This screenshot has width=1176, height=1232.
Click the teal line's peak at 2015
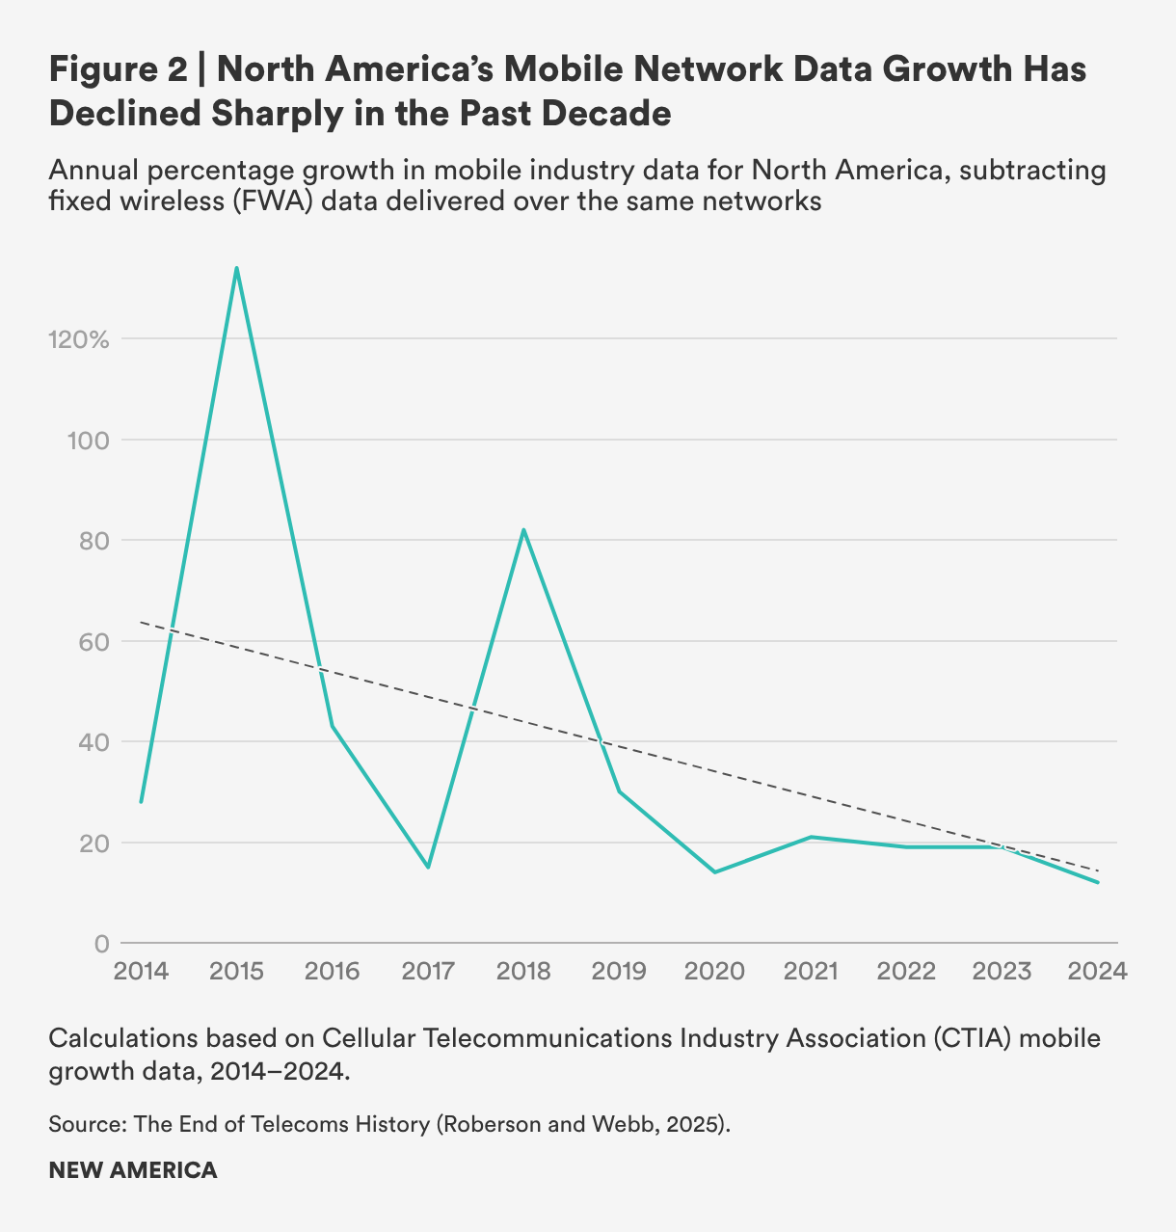coord(236,268)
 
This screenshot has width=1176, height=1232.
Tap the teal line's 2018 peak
coord(523,529)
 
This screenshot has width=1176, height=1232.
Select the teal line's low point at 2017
coord(428,867)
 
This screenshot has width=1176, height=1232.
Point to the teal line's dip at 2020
coord(714,871)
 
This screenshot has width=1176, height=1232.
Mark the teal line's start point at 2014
coord(142,801)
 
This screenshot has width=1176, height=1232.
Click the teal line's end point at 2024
coord(1097,882)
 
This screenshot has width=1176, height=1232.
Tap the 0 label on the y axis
coord(101,944)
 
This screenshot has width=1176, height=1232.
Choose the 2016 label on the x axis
coord(333,971)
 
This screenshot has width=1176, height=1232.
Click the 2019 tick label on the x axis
coord(619,971)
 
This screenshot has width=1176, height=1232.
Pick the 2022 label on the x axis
coord(906,971)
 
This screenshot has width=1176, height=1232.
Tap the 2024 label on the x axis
coord(1097,971)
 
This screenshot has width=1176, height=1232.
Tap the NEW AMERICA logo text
coord(133,1170)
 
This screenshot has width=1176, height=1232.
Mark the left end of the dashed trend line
coord(143,623)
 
